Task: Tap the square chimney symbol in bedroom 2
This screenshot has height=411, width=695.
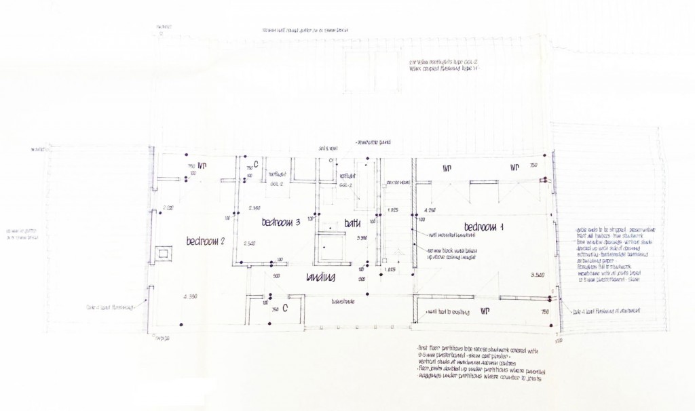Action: (x=163, y=253)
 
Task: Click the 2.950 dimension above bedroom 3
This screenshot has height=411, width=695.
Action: (x=255, y=208)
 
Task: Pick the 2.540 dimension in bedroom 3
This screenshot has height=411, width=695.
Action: (x=248, y=243)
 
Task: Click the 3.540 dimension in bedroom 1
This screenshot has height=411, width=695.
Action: (x=537, y=274)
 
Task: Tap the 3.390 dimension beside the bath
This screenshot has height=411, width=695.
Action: (x=362, y=238)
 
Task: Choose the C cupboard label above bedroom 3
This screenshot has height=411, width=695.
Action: (x=256, y=163)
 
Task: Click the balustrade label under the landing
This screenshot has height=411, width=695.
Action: (x=342, y=300)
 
